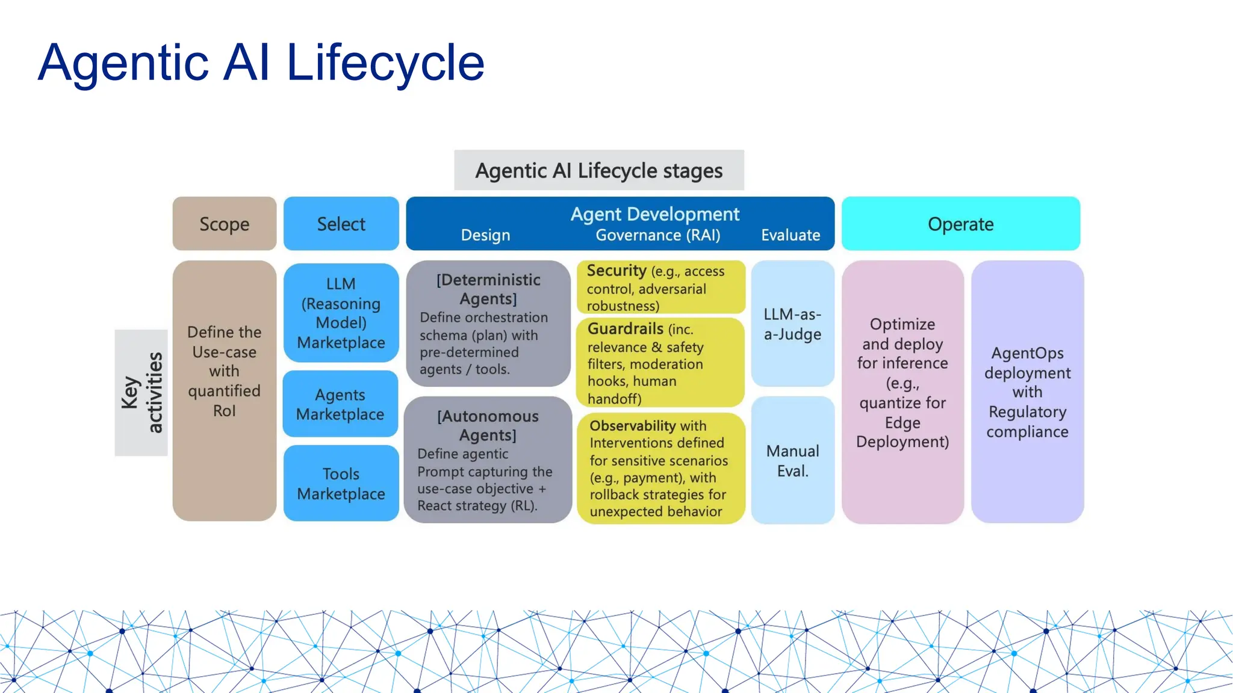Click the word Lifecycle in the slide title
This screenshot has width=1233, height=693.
[x=385, y=64]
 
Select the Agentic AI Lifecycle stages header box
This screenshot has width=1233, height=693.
[x=598, y=170]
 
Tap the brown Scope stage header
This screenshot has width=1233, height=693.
[x=224, y=224]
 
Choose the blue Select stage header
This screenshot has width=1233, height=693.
[x=341, y=224]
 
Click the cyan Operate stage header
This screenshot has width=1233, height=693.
[x=960, y=224]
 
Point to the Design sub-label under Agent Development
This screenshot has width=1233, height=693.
[x=485, y=235]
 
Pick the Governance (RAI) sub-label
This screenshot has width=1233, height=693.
[x=657, y=235]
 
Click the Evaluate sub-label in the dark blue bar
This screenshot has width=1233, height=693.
[x=790, y=235]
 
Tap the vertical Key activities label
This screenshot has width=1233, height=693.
[x=141, y=392]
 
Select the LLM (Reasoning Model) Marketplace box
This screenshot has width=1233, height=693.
[x=341, y=313]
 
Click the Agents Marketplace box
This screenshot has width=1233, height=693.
[x=340, y=404]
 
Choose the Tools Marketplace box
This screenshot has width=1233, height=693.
[x=341, y=483]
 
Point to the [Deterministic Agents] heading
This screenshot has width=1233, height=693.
[x=488, y=289]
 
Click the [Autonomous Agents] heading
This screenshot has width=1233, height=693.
[x=488, y=425]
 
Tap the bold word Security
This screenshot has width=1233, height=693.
[x=616, y=271]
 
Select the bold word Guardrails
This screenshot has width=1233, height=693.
[x=625, y=329]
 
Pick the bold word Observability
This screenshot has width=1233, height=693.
[x=632, y=426]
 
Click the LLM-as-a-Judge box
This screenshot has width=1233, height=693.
[x=792, y=324]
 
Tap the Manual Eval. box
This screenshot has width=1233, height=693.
[x=792, y=461]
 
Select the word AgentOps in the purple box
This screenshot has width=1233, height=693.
[x=1027, y=353]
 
